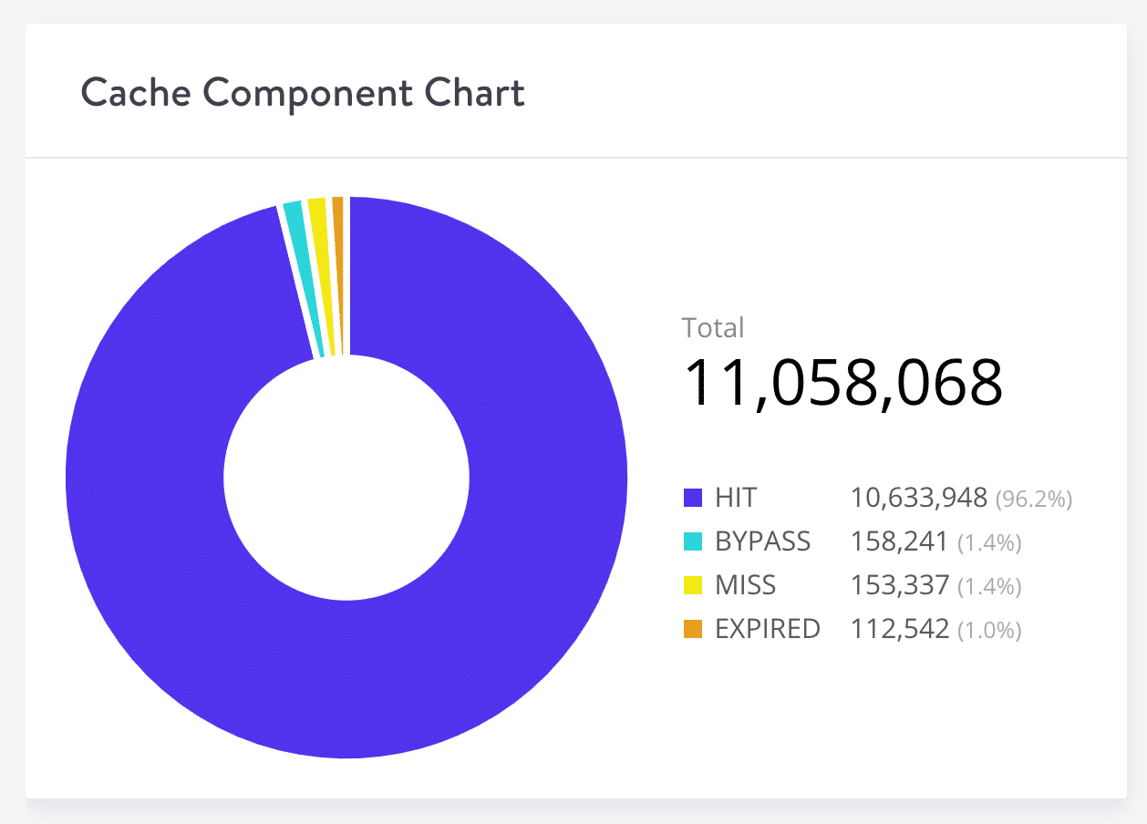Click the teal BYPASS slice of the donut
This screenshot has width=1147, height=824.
pos(303,278)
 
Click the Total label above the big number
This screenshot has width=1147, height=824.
pos(713,327)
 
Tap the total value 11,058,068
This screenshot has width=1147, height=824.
pos(843,383)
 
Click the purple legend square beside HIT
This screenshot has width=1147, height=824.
pos(693,498)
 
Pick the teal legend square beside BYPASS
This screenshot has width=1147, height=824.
pos(693,541)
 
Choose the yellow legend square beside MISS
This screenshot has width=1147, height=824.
pos(693,585)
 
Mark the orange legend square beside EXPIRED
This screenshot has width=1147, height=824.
pos(693,629)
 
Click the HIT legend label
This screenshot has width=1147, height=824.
pos(737,498)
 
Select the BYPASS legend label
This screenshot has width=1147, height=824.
pos(763,541)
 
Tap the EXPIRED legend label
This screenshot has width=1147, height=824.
pos(768,629)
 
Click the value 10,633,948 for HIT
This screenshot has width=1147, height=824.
pos(919,498)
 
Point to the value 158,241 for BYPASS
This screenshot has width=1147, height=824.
pos(900,541)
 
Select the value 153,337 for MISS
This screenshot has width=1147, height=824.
pos(900,585)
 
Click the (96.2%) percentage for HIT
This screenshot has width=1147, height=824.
pos(1033,499)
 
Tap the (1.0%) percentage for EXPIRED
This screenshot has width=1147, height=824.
pos(989,630)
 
